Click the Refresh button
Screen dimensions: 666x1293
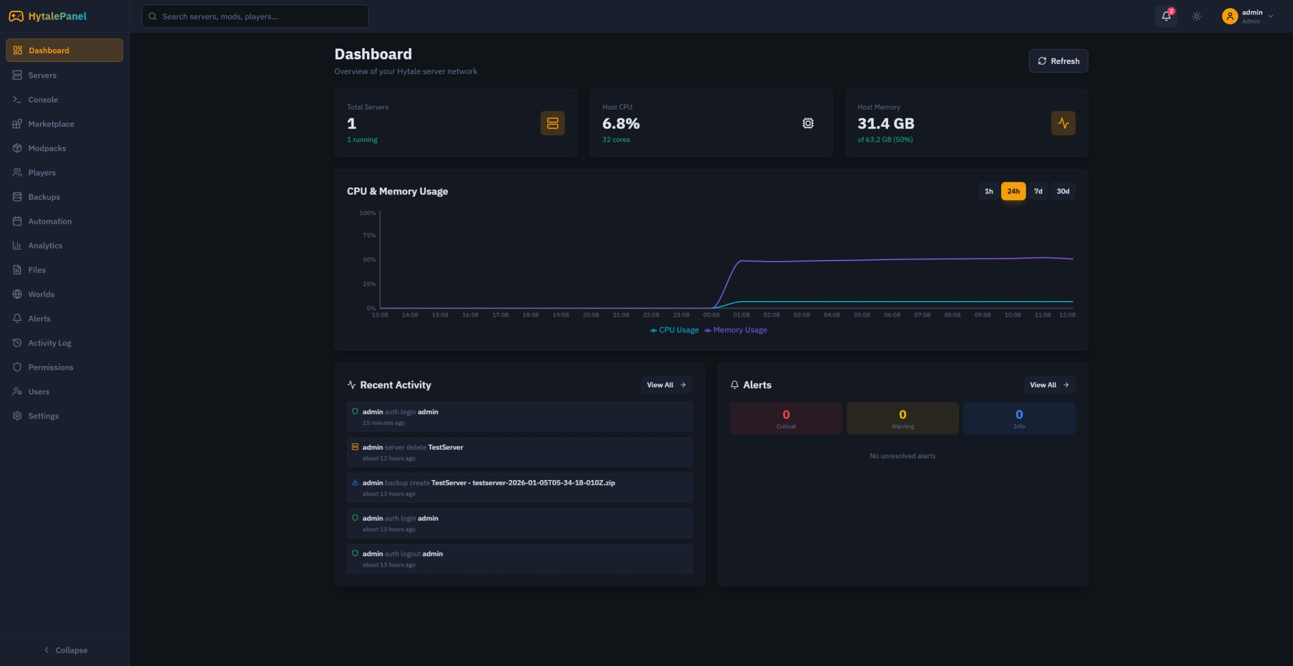click(1058, 61)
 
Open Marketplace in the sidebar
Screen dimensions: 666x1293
click(51, 124)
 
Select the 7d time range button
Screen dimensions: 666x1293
click(1038, 191)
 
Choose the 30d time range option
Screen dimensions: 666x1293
click(1062, 191)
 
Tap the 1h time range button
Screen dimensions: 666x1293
click(988, 191)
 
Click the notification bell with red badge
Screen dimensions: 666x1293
click(1166, 16)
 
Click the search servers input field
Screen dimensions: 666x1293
click(256, 17)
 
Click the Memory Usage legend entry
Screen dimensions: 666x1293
click(736, 330)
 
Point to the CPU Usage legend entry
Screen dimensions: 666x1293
click(675, 330)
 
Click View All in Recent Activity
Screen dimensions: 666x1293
click(666, 385)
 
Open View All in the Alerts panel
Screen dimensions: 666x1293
click(1049, 385)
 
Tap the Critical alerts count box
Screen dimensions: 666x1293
click(785, 418)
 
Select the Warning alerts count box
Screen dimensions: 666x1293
click(902, 418)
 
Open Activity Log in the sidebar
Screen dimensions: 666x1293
click(49, 343)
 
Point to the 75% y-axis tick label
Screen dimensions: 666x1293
click(369, 235)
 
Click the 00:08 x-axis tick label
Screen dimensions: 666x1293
click(711, 315)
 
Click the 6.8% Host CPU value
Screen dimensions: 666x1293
click(621, 124)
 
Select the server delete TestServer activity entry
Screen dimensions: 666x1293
click(519, 452)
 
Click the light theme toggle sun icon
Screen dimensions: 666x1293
click(1197, 16)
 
